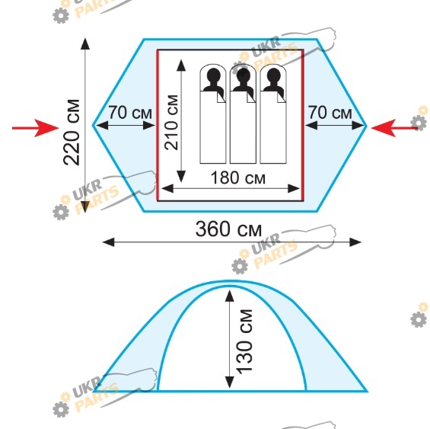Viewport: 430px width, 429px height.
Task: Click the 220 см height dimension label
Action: tap(72, 133)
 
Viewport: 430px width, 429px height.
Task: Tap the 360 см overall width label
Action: tap(228, 229)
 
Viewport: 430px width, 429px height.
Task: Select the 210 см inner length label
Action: tap(171, 122)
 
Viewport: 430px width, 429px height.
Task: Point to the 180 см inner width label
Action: tap(238, 178)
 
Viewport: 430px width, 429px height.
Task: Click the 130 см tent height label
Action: tap(244, 341)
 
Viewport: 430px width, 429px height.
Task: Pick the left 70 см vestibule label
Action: tap(130, 113)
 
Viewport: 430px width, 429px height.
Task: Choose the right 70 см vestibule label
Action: tap(330, 113)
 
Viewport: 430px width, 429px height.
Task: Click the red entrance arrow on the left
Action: tap(35, 128)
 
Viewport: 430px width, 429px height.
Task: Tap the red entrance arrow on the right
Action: tap(394, 128)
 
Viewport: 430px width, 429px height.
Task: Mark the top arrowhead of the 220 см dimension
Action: tap(85, 43)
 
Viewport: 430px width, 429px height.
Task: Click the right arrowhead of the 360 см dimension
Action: tap(355, 242)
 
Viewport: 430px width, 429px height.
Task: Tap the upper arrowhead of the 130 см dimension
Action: tap(230, 296)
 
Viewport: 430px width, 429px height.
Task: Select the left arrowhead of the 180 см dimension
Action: tap(167, 189)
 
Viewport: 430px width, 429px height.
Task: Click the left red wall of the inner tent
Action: tap(158, 125)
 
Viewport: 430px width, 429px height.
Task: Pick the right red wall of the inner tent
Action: tap(303, 125)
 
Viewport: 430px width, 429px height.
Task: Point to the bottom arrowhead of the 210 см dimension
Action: tap(181, 176)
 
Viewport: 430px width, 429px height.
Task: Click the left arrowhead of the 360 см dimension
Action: tap(108, 242)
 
